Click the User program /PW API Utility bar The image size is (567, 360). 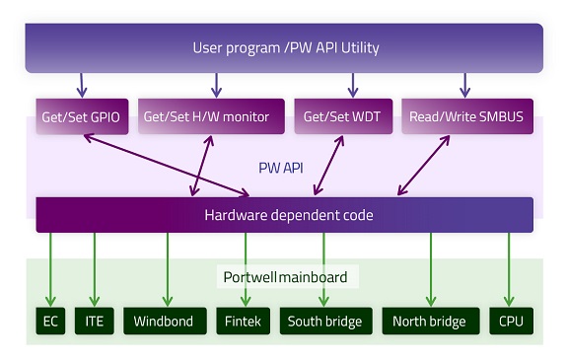[x=284, y=47]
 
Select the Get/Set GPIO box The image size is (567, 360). [x=81, y=116]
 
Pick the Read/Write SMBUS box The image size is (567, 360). [x=465, y=116]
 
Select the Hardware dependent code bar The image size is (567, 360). [x=284, y=214]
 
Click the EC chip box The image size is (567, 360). [x=51, y=321]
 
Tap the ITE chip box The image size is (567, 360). [x=95, y=321]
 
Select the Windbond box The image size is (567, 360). [x=163, y=321]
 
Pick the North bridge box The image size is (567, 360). [x=429, y=321]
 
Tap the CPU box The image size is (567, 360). [x=512, y=321]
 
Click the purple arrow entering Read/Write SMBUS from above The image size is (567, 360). [x=463, y=85]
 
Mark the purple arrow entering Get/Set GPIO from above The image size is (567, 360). [x=81, y=85]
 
